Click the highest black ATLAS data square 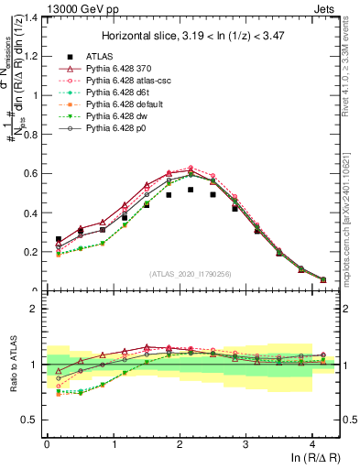[x=191, y=190]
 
